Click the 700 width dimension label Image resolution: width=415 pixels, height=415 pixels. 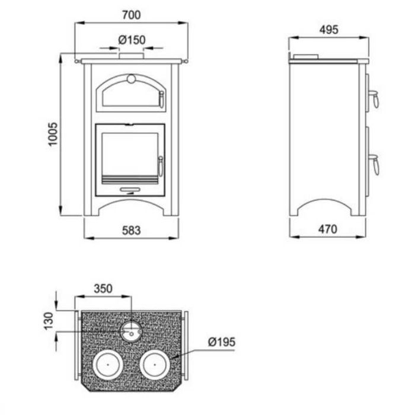pos(131,15)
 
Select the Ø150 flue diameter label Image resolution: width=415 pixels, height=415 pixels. pos(132,40)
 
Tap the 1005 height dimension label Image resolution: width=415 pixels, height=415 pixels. pos(53,134)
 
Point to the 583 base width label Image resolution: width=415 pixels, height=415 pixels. pos(131,231)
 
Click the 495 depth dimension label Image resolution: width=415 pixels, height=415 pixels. pos(328,30)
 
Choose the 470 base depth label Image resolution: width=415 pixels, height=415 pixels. pos(328,229)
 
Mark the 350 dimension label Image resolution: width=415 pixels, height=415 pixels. pos(103,289)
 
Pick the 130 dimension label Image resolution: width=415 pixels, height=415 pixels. pos(49,321)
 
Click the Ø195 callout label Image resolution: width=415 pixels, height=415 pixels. pos(222,342)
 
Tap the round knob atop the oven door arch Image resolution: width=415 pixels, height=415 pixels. pos(131,79)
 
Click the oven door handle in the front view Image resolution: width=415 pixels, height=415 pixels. pos(161,99)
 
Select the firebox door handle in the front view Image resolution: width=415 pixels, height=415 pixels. pos(161,166)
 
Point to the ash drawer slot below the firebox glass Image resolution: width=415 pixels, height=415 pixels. pos(130,190)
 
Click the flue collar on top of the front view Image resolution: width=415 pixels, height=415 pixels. pos(131,56)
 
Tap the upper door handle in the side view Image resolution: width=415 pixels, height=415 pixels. pos(375,98)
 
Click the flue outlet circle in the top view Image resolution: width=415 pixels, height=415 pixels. pos(131,331)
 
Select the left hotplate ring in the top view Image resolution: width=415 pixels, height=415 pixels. pos(108,365)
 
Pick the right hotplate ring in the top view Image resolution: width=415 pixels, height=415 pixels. pos(155,365)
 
